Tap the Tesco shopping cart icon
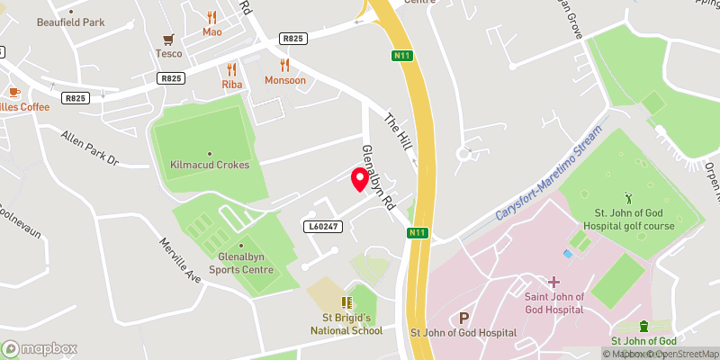(x=167, y=39)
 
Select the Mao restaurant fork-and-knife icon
(x=211, y=17)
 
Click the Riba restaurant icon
(x=232, y=68)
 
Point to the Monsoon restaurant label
(x=285, y=80)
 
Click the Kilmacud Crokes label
(x=210, y=165)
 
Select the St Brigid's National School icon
(x=346, y=303)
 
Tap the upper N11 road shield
(x=402, y=56)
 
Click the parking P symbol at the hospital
(x=464, y=318)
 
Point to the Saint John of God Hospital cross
(x=554, y=282)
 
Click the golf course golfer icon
(x=628, y=196)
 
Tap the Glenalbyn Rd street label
(x=378, y=176)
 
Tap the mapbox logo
(x=40, y=348)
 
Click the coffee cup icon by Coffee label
(x=14, y=92)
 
